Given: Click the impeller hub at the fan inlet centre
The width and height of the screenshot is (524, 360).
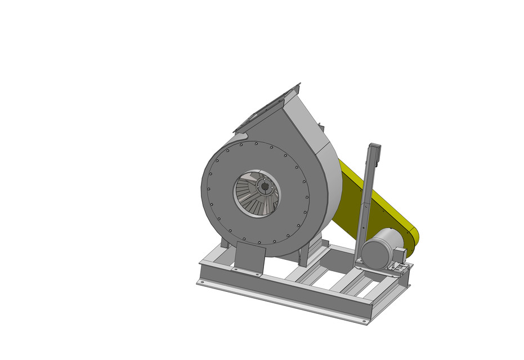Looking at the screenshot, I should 263,185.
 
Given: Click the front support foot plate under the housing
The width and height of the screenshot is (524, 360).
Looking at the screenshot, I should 249,258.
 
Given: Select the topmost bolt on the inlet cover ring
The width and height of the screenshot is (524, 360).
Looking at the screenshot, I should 256,144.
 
